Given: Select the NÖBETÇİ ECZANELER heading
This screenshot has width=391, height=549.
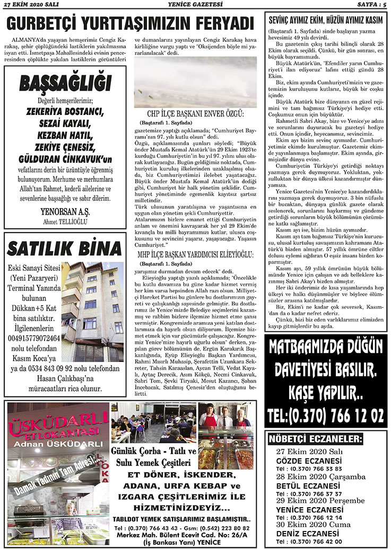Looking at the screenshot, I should pos(316,439).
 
